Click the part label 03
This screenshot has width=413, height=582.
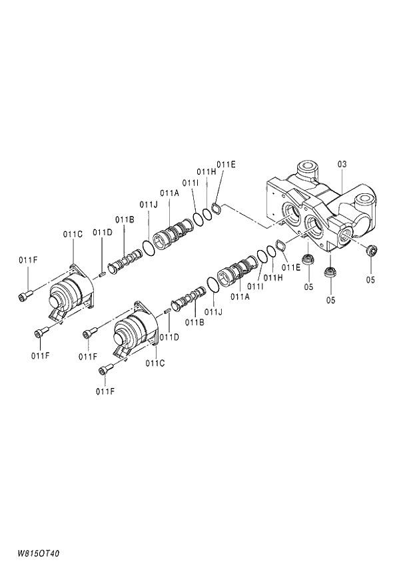[342, 163]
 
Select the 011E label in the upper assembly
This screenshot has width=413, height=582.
[226, 164]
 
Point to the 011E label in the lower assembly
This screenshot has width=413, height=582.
[290, 267]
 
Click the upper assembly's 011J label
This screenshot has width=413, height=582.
[149, 204]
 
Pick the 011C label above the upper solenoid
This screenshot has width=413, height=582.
[73, 233]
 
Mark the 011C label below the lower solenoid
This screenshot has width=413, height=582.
[155, 363]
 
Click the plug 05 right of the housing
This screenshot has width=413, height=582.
[372, 251]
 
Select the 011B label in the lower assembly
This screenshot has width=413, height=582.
[194, 322]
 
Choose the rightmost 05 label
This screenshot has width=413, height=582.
[370, 280]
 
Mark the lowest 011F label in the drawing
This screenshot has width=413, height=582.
[105, 391]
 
